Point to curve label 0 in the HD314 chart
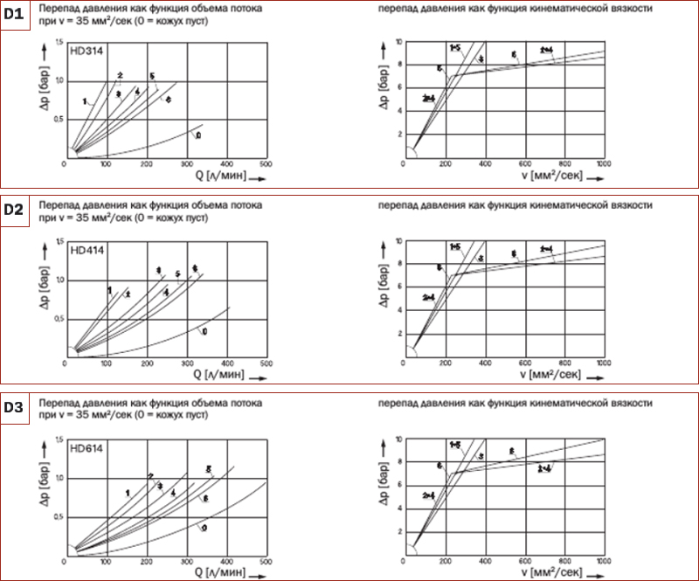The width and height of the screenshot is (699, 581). pos(199,135)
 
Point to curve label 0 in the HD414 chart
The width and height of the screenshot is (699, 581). pos(204,332)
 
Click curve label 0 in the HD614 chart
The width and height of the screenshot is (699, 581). pos(204,528)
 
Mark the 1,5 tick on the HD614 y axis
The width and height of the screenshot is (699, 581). pos(59,439)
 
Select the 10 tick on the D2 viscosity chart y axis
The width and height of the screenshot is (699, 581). pos(398,240)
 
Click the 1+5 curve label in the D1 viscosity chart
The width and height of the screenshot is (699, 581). pos(455,46)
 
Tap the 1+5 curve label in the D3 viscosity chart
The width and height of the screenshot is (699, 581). pos(455,445)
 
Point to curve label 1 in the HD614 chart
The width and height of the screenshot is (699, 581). pos(128,494)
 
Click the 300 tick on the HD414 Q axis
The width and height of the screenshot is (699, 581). pos(186,362)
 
